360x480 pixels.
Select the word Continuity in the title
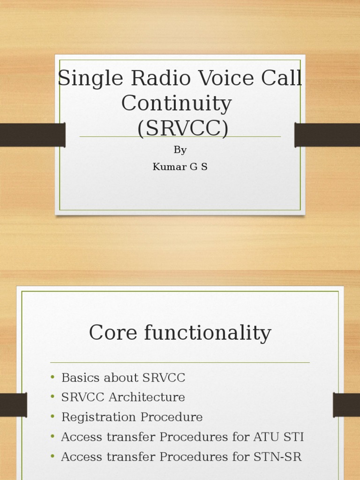[x=177, y=103]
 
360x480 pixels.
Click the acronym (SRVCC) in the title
[x=183, y=128]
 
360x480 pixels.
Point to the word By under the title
[x=180, y=150]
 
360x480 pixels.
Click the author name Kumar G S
[x=180, y=166]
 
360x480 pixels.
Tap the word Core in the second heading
[x=112, y=333]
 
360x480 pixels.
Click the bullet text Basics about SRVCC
[x=123, y=378]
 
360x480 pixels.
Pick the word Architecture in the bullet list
[x=147, y=397]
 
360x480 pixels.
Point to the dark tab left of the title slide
[x=32, y=135]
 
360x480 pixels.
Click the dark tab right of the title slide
[x=327, y=135]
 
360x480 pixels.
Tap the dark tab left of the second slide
[x=13, y=405]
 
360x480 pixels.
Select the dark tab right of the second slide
[x=346, y=405]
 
